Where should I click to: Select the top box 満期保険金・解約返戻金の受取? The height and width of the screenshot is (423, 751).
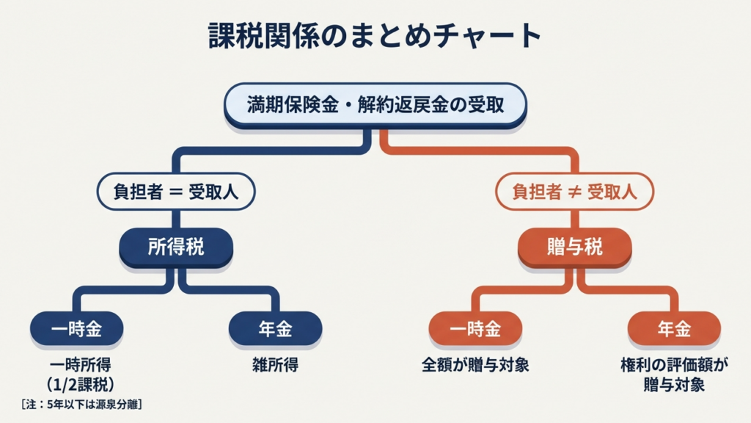pos(375,105)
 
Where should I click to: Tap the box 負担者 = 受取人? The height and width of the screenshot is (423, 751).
pos(176,192)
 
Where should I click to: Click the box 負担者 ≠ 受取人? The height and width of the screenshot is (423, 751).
pos(574,192)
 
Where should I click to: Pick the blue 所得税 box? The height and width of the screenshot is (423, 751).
pos(176,247)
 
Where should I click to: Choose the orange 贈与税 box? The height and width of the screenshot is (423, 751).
pos(574,247)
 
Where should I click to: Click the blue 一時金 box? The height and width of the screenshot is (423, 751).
pos(76,330)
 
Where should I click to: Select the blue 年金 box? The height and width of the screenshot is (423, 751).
pos(275,330)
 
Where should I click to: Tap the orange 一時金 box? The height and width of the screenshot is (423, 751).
pos(475,330)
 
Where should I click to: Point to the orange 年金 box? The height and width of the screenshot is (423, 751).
pos(674,330)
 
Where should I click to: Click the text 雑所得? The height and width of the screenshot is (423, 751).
pos(275,364)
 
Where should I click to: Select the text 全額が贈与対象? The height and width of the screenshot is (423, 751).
pos(475,364)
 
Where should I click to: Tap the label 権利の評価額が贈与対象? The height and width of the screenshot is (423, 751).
pos(673,374)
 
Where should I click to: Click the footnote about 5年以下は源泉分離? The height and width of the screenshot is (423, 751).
pos(78,403)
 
